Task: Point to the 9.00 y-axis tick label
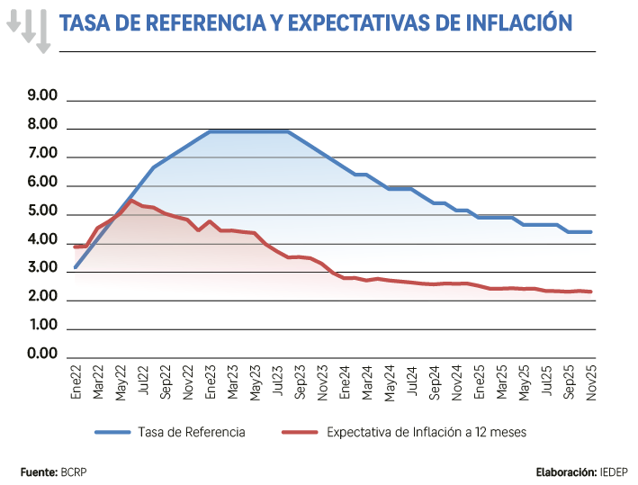42,96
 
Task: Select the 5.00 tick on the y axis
42,212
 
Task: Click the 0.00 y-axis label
42,354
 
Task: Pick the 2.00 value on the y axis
42,297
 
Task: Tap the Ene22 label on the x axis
76,379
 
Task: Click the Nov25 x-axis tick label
590,379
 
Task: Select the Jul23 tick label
277,379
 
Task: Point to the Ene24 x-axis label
345,379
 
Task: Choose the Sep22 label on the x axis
166,379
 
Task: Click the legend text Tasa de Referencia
192,433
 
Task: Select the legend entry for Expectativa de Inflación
427,433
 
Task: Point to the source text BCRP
75,472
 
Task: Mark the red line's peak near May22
132,201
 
